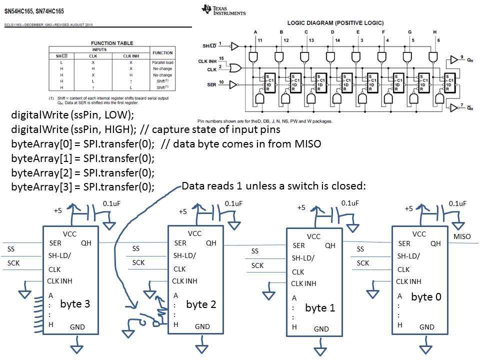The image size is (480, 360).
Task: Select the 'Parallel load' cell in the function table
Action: (162, 62)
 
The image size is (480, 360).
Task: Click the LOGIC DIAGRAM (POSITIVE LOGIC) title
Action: (335, 22)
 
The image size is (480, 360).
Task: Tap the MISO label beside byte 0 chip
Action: (462, 236)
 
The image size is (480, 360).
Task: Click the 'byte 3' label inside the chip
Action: (75, 303)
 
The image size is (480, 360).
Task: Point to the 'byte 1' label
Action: (320, 307)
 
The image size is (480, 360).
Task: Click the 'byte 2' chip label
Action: (201, 304)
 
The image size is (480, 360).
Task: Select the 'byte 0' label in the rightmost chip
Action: (426, 296)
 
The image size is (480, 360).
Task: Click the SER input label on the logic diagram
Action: (211, 85)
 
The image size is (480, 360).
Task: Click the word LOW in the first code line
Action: (114, 114)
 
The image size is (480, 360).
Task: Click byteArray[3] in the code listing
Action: (35, 187)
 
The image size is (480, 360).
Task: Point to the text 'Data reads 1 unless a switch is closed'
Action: (274, 186)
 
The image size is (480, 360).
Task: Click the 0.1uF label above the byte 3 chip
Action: (111, 203)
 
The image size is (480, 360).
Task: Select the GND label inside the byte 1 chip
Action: (321, 329)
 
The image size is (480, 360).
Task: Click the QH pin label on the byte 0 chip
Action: (435, 243)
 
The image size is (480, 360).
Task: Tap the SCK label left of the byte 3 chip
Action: (13, 262)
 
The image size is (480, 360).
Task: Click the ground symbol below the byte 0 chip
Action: (428, 345)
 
